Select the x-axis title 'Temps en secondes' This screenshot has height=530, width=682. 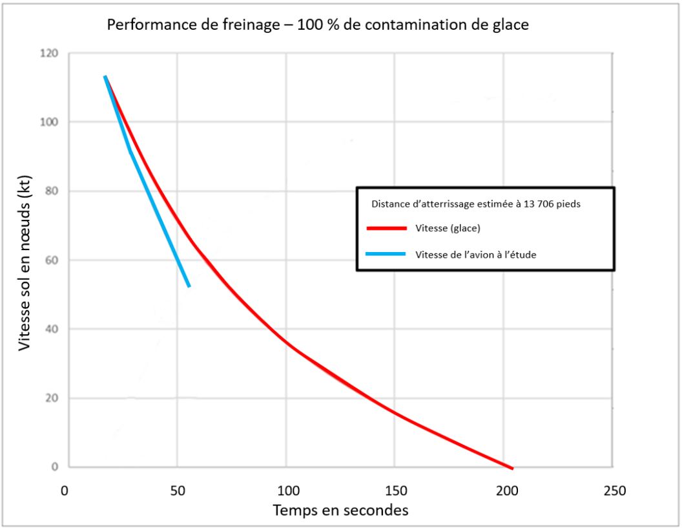click(x=340, y=509)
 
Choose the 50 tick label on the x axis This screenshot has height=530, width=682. click(x=177, y=491)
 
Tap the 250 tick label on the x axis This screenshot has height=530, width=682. click(x=614, y=491)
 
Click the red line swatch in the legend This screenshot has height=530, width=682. click(x=387, y=229)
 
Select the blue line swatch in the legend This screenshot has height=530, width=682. click(x=387, y=254)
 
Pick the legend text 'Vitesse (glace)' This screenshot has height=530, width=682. click(x=448, y=229)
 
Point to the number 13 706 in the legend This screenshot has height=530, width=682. click(x=540, y=204)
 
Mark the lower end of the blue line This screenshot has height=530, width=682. click(x=189, y=286)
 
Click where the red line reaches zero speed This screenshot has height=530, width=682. click(x=512, y=467)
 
